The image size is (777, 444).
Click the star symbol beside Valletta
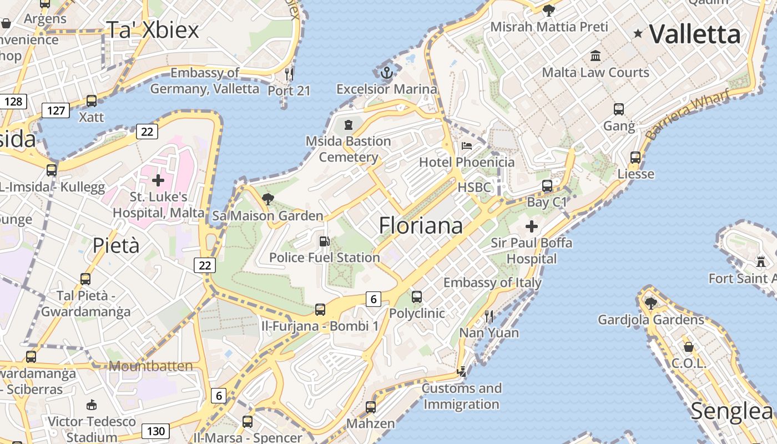point(638,34)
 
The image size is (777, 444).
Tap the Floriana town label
point(421,225)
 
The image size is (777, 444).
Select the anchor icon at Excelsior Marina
point(386,72)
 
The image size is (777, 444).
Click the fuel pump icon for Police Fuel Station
point(324,241)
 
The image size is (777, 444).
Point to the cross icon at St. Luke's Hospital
point(158,180)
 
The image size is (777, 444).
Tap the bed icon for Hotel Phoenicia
point(467,146)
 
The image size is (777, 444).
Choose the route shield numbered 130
point(156,431)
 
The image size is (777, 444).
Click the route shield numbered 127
point(56,110)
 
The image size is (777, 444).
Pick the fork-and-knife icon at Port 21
point(289,74)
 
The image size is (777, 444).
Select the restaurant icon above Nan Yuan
point(489,316)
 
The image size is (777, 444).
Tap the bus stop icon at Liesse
point(635,158)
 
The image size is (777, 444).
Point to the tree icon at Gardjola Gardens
point(651,303)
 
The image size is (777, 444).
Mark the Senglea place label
point(731,411)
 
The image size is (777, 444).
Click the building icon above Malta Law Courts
point(596,56)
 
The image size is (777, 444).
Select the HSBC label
point(474,188)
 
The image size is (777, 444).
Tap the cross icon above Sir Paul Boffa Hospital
point(532,226)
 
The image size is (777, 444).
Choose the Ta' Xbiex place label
point(152,30)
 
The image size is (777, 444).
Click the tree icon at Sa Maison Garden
point(268,199)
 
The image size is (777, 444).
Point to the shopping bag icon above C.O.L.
point(689,347)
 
